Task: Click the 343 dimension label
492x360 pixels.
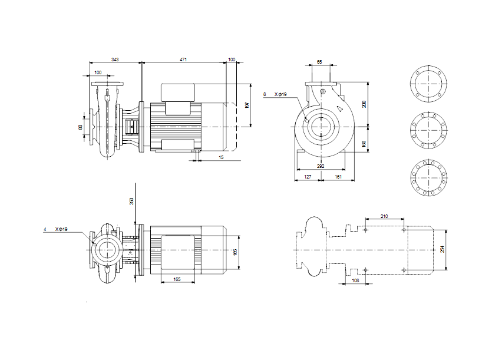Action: tap(116, 59)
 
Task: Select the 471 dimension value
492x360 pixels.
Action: tap(183, 59)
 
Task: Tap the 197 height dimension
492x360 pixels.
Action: tap(247, 105)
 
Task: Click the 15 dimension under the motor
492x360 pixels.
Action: tap(221, 157)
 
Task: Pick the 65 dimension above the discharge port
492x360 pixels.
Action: tap(319, 62)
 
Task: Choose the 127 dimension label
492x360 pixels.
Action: tap(307, 176)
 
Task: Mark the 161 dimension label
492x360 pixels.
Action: tap(338, 176)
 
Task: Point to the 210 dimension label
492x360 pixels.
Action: tap(384, 217)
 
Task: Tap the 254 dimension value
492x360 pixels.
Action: tap(444, 250)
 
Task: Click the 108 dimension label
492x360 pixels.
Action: tap(355, 280)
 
